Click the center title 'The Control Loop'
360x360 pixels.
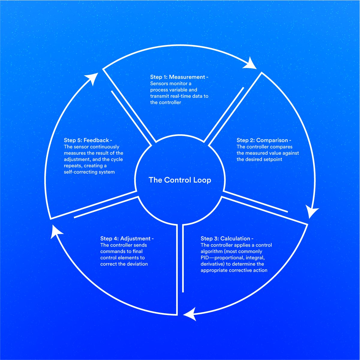[x=180, y=180]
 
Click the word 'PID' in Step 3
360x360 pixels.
[x=205, y=258]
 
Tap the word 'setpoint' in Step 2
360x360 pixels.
[x=271, y=159]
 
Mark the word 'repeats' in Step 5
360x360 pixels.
[x=73, y=166]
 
